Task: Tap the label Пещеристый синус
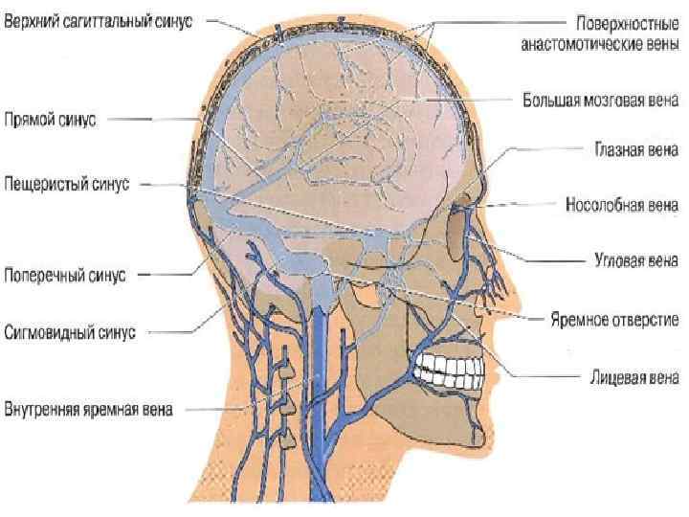click(64, 182)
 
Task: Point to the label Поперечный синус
click(64, 276)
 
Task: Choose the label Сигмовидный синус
click(70, 332)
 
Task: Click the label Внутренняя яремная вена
click(88, 413)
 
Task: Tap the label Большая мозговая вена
click(601, 98)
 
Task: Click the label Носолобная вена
click(621, 204)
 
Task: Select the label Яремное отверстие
click(613, 319)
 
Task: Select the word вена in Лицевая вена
click(659, 378)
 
